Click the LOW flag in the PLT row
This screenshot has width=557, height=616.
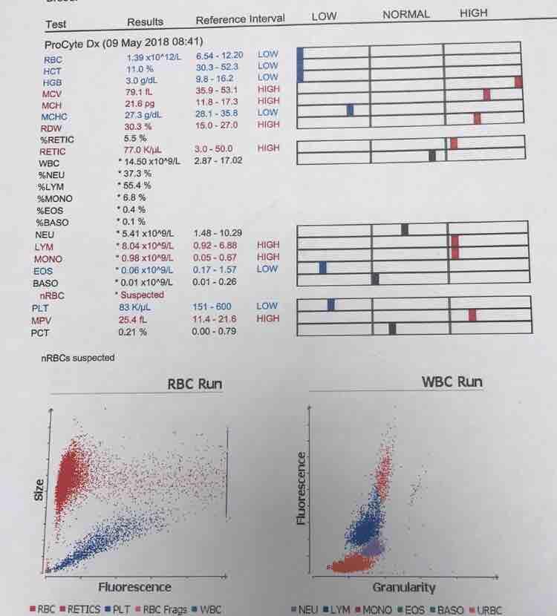tap(267, 306)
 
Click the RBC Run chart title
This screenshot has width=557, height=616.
tap(195, 384)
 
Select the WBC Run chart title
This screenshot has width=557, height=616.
tap(452, 382)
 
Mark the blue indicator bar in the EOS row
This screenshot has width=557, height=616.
tap(323, 267)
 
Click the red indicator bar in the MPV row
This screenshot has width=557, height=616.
tap(472, 315)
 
